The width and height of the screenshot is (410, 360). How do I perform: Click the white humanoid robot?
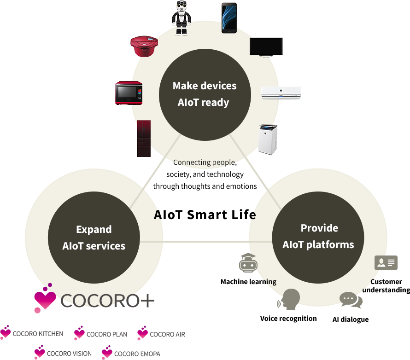point(181,18)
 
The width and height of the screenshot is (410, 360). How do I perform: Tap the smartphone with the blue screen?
point(229,18)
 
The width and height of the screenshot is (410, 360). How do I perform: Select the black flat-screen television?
point(266,47)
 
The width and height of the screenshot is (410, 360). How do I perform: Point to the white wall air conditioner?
point(281,93)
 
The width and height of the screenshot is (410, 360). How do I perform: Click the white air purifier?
point(268,139)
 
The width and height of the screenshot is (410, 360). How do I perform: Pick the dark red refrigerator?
point(144,139)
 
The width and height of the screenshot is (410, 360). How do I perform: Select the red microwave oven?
point(129,93)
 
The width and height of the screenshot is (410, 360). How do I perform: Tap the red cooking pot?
point(144,46)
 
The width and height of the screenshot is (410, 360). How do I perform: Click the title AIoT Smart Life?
point(205,215)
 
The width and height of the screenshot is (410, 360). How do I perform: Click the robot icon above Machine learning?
point(248,263)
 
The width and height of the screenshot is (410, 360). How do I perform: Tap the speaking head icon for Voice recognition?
point(289,299)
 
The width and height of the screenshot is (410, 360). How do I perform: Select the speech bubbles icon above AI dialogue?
point(351,300)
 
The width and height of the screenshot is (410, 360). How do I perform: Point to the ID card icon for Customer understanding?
point(386,262)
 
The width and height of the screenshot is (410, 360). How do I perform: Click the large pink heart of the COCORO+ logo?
point(45,300)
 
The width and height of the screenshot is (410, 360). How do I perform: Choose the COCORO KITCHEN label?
point(38,334)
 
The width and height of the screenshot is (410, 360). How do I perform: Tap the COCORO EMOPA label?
point(137,354)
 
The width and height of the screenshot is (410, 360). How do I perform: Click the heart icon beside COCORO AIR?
point(142,333)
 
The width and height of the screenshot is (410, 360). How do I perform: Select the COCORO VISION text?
point(69,354)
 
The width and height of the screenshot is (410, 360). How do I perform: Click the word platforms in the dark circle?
point(330,245)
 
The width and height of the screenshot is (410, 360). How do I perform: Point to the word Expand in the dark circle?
point(94,229)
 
